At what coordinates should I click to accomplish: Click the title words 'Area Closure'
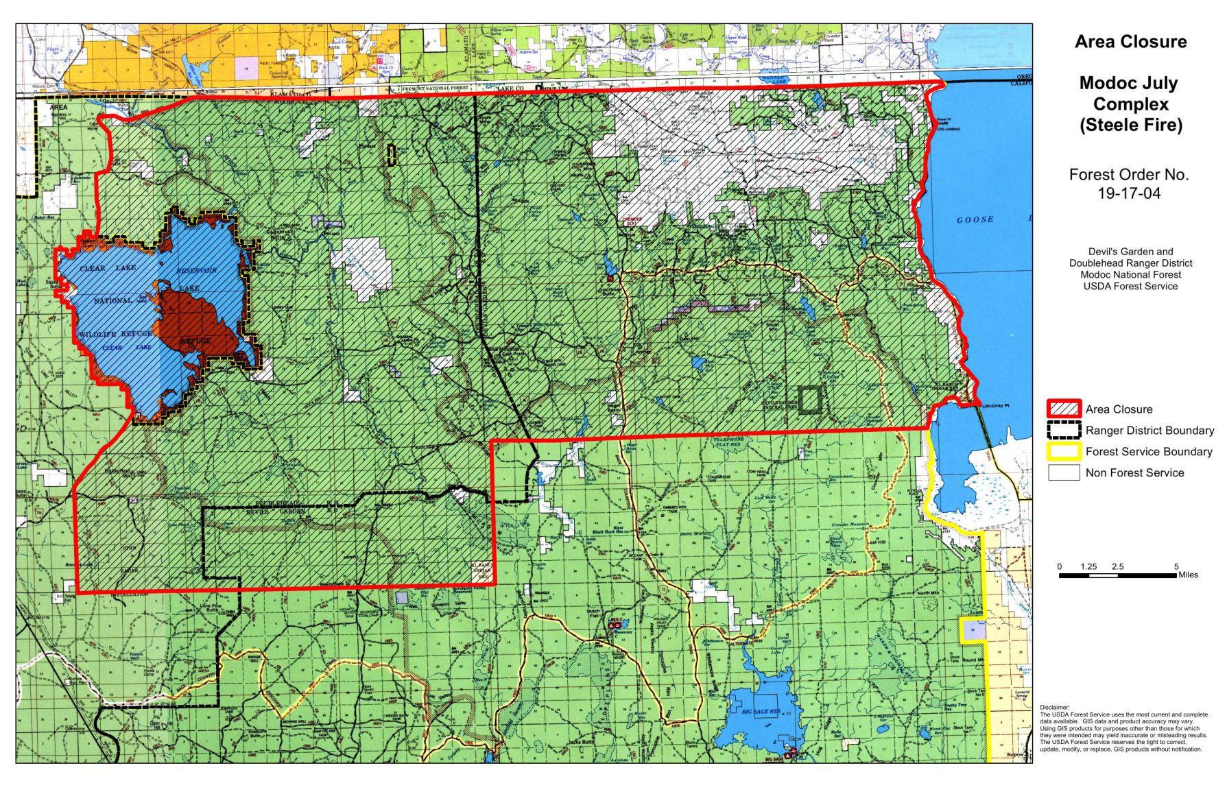coord(1130,42)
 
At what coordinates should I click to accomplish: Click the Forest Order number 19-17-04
coord(1128,193)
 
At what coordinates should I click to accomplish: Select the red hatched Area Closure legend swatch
coord(1063,409)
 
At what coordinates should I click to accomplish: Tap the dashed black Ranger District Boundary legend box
coord(1063,431)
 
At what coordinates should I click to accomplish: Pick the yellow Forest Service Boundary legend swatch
coord(1063,452)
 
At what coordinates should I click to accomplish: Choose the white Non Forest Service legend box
coord(1063,472)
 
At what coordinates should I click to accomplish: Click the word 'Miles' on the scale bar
coord(1188,575)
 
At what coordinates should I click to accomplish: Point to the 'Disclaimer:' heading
coord(1054,707)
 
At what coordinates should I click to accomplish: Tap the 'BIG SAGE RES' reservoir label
coord(761,712)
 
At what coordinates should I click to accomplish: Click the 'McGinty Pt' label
coord(996,406)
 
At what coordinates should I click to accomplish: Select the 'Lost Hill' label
coord(877,542)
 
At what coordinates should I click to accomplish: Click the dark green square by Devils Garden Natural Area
coord(810,399)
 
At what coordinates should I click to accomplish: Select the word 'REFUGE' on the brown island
coord(195,341)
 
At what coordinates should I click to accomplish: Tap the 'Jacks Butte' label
coord(580,742)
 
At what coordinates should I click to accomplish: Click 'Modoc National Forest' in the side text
coord(1130,275)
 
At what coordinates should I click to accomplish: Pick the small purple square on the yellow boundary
coord(972,629)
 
